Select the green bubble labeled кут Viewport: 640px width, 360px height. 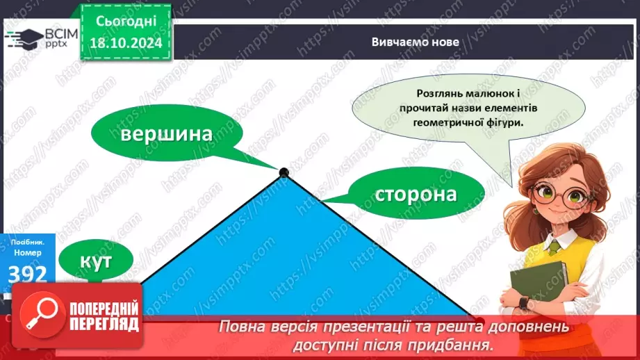pyautogui.click(x=97, y=261)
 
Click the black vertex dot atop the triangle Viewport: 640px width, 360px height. pyautogui.click(x=284, y=172)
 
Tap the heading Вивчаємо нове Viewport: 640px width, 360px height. pyautogui.click(x=405, y=42)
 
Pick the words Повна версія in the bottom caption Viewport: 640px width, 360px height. pyautogui.click(x=263, y=327)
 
